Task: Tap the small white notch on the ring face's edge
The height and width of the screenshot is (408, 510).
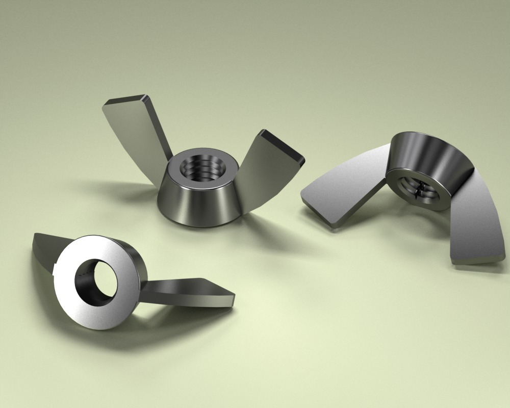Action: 55,266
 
